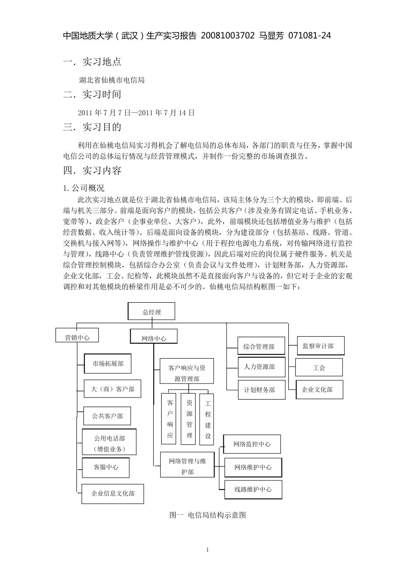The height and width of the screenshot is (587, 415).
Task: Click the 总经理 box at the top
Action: click(151, 312)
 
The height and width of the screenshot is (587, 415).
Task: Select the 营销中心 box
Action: click(77, 337)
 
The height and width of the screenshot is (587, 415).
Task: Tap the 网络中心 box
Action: click(154, 338)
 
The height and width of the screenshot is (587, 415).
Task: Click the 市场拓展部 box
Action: click(107, 363)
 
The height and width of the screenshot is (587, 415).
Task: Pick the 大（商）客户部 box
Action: click(112, 389)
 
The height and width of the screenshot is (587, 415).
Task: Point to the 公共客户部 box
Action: click(107, 416)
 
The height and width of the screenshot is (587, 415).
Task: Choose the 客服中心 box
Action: click(106, 467)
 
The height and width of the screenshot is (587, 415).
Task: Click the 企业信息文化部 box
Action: click(113, 493)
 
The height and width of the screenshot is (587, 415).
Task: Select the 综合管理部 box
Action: click(261, 346)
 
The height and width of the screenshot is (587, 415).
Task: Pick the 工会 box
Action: click(319, 368)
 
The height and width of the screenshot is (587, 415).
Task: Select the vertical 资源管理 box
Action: click(190, 418)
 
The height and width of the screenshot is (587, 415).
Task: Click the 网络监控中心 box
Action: click(252, 444)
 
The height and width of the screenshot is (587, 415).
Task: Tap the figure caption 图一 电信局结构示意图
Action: click(207, 515)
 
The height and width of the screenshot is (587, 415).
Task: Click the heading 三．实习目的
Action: click(92, 127)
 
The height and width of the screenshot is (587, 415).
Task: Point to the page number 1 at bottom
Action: click(207, 549)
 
